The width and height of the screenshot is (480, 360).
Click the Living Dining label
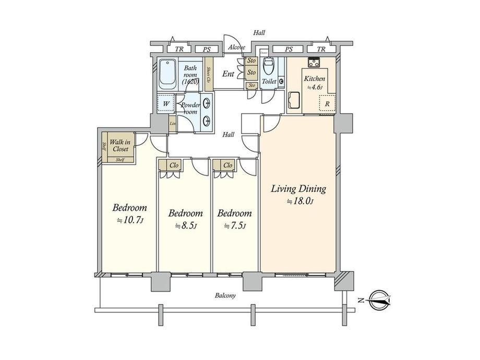pos(298,189)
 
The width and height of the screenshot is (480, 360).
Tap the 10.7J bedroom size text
pos(130,221)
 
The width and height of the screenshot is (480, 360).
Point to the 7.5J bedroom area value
pos(234,225)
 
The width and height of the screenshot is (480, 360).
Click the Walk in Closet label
pos(119,145)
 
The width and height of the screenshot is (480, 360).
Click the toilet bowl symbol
pos(268,67)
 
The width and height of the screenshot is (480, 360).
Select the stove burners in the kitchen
pos(314,63)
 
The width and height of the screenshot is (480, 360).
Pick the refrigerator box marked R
pos(327,103)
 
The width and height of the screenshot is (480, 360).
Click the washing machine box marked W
pos(166,103)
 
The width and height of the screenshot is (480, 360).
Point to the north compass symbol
pos(379,301)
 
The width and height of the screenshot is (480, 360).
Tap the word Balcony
pos(225,296)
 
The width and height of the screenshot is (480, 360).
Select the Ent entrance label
pos(228,74)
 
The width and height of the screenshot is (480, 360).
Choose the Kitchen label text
pos(315,79)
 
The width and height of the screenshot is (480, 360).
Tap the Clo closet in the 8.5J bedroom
pos(174,165)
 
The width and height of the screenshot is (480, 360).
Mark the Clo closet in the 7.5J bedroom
pos(227,165)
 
